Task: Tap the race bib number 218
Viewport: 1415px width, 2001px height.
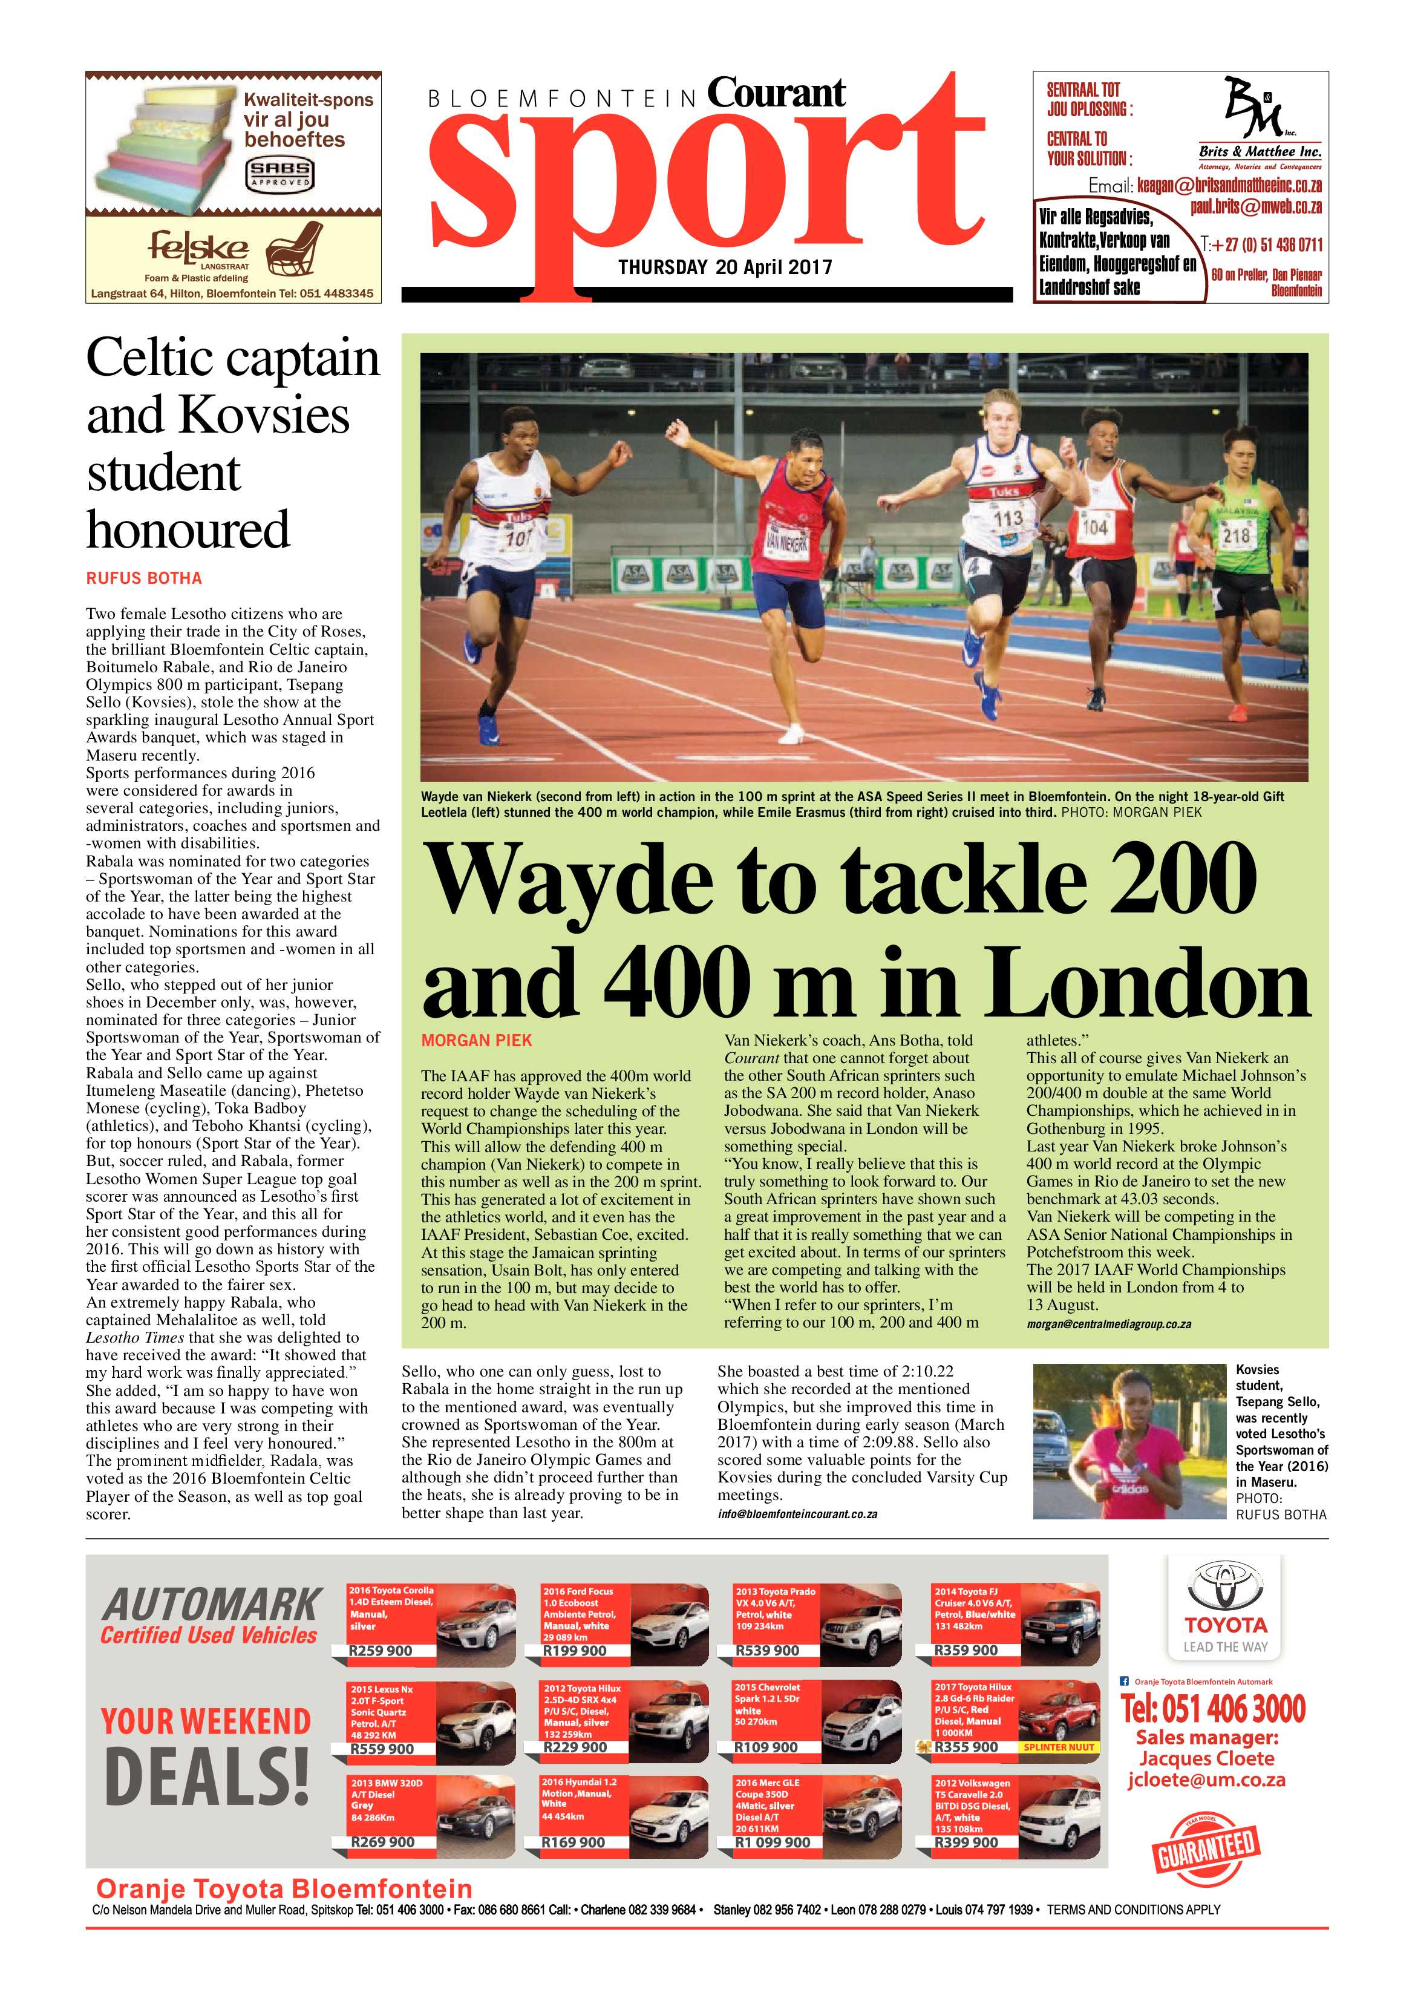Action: tap(1237, 534)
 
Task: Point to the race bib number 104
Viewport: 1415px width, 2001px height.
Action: tap(1094, 526)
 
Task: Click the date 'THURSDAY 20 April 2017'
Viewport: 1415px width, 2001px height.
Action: tap(725, 267)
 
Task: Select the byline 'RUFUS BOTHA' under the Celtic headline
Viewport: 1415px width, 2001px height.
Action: tap(144, 578)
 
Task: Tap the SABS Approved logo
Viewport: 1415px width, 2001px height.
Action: tap(279, 174)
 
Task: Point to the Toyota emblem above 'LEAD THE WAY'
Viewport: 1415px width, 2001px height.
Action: tap(1224, 1586)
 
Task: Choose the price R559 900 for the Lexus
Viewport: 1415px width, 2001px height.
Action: tap(382, 1748)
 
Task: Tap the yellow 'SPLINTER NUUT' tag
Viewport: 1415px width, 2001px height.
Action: tap(1057, 1746)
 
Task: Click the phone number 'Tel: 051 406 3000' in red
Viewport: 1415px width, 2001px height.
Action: tap(1213, 1708)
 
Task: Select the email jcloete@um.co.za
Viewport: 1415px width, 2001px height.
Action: tap(1206, 1780)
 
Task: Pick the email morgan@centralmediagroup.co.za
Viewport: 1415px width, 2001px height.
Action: tap(1108, 1324)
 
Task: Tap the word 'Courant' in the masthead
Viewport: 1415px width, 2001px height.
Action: tap(776, 93)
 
